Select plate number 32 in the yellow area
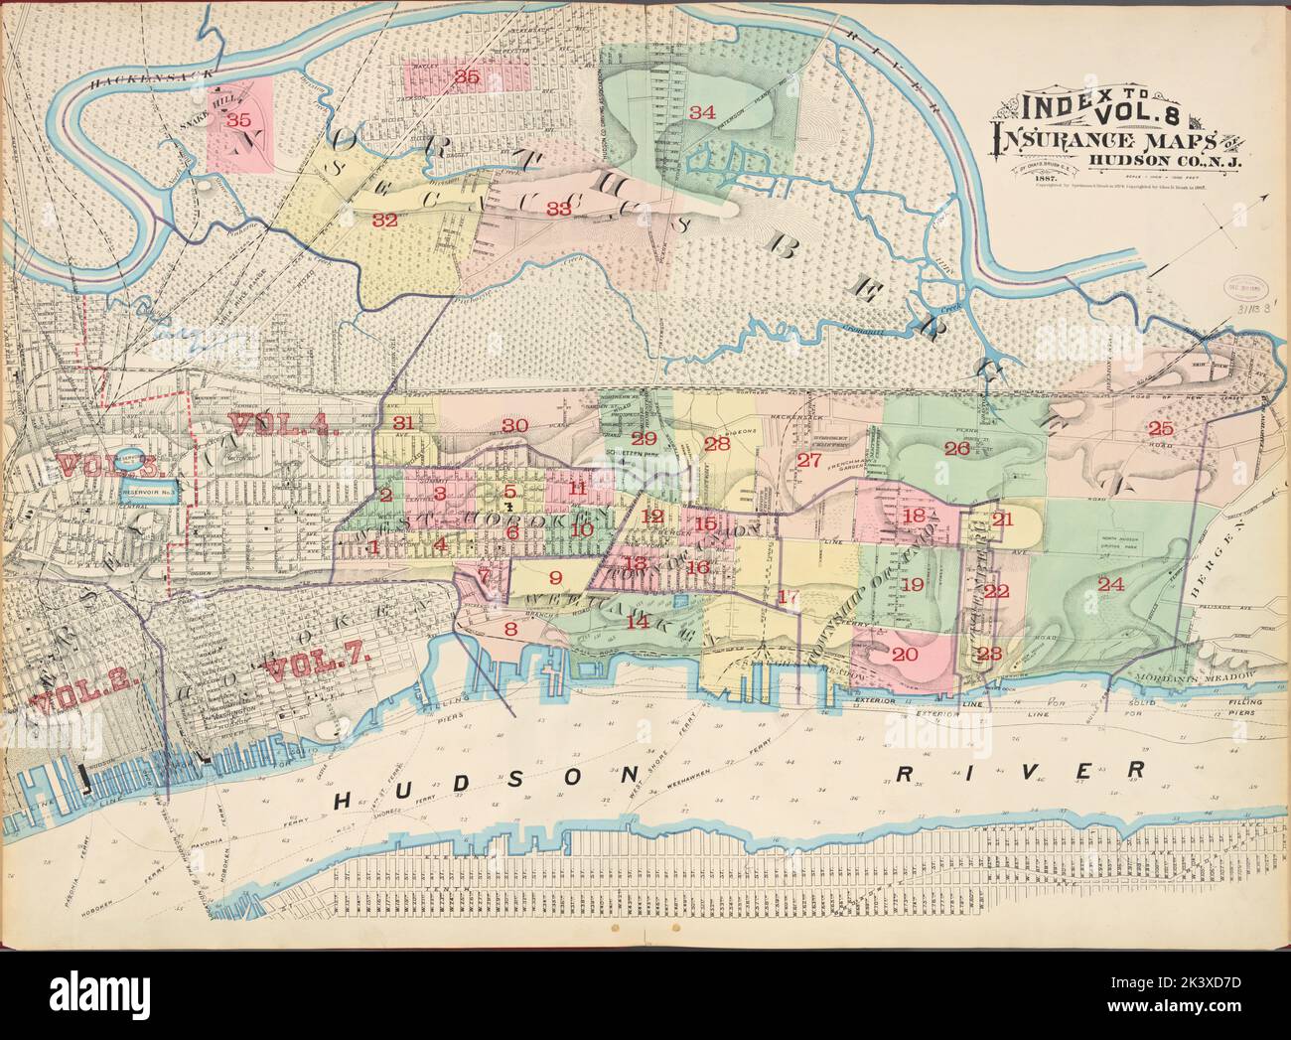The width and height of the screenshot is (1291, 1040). (x=384, y=221)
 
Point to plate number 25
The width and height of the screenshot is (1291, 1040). (x=1160, y=429)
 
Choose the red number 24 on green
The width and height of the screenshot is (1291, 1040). (x=1110, y=584)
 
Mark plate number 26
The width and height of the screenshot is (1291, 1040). (x=956, y=448)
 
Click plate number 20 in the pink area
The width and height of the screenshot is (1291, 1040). (x=904, y=654)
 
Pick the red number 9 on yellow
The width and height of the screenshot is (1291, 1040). (x=555, y=577)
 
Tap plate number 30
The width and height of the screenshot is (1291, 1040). (x=513, y=425)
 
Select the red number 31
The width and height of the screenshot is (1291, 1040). (x=402, y=422)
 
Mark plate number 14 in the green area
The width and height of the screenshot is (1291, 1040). (x=637, y=621)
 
